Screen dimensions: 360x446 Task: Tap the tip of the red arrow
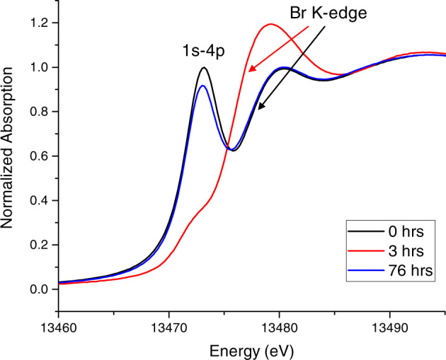pyautogui.click(x=248, y=71)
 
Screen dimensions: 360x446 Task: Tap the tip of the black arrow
pyautogui.click(x=258, y=110)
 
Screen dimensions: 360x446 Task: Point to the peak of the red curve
pyautogui.click(x=269, y=24)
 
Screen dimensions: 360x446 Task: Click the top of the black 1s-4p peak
pyautogui.click(x=204, y=68)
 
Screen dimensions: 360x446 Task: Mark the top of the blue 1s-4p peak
pyautogui.click(x=203, y=86)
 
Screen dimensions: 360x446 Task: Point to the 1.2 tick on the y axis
pyautogui.click(x=41, y=23)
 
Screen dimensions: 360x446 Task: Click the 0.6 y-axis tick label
pyautogui.click(x=41, y=156)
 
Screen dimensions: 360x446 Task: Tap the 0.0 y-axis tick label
pyautogui.click(x=41, y=289)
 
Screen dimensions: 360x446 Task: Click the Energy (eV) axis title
pyautogui.click(x=251, y=349)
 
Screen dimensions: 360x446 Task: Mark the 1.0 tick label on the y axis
pyautogui.click(x=41, y=68)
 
